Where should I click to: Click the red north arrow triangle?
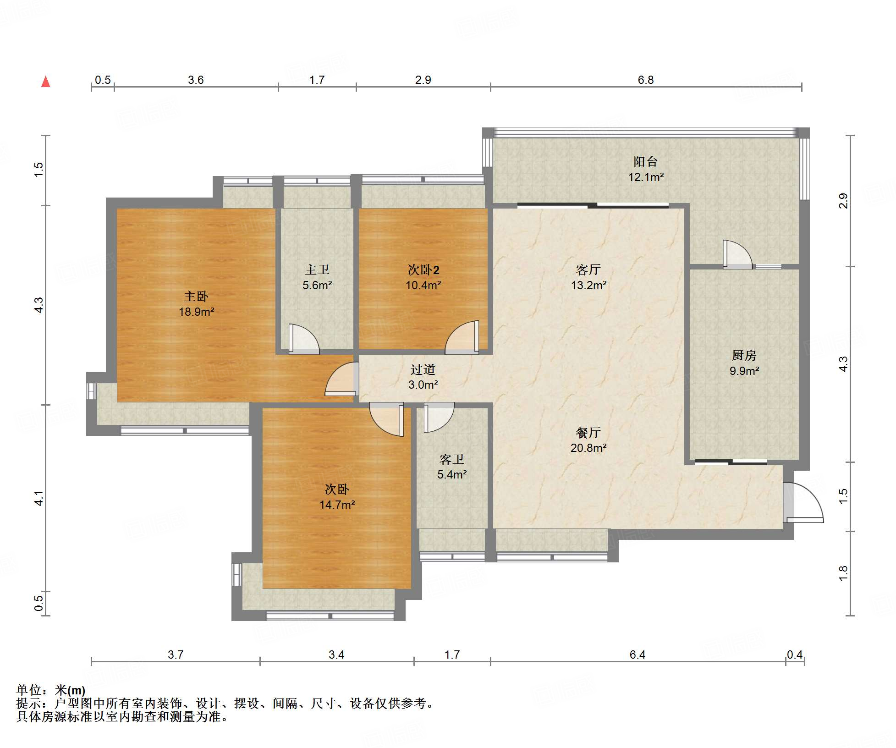click(x=45, y=82)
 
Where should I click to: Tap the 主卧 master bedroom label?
click(x=196, y=297)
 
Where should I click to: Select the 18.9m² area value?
click(x=196, y=312)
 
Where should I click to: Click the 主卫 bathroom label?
click(x=317, y=269)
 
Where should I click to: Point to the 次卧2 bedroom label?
click(x=423, y=269)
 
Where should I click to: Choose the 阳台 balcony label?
click(x=645, y=161)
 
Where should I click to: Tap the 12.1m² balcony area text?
click(x=646, y=176)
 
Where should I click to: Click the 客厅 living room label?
click(x=588, y=269)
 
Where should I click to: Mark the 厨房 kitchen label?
click(x=744, y=355)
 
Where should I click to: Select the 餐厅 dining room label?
click(x=588, y=432)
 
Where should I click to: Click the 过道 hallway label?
click(x=423, y=369)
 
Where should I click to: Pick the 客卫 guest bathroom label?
click(x=452, y=459)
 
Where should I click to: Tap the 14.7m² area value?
click(x=337, y=505)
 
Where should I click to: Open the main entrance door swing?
click(x=803, y=502)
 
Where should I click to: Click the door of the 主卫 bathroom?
click(x=304, y=339)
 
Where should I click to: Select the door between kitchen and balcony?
click(x=738, y=254)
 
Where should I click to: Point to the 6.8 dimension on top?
click(x=646, y=80)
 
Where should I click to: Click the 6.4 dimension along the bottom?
click(x=637, y=654)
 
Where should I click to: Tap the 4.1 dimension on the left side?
click(x=39, y=498)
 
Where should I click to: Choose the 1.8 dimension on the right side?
click(x=843, y=573)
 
